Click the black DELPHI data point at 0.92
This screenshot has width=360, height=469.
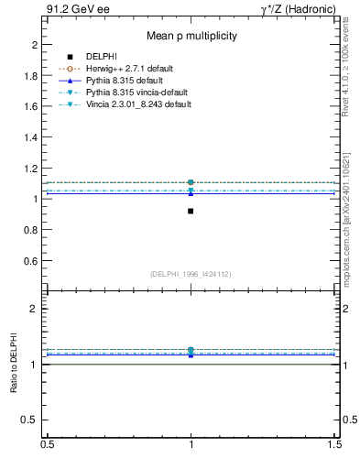coord(191,211)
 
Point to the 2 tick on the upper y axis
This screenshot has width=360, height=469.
coord(34,44)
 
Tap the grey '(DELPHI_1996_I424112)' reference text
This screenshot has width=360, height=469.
coord(191,273)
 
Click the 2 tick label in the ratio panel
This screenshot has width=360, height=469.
coord(34,309)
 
